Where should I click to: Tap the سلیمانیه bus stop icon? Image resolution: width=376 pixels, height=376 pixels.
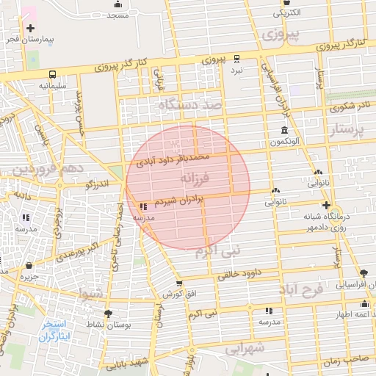(x=52, y=74)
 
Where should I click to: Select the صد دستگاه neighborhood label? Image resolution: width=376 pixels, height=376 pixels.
(x=189, y=106)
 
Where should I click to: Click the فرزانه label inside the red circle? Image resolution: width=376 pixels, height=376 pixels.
(x=195, y=178)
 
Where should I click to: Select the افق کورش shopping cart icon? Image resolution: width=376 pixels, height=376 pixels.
(x=179, y=283)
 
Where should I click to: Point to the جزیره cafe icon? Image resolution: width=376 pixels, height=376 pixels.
(x=29, y=266)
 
